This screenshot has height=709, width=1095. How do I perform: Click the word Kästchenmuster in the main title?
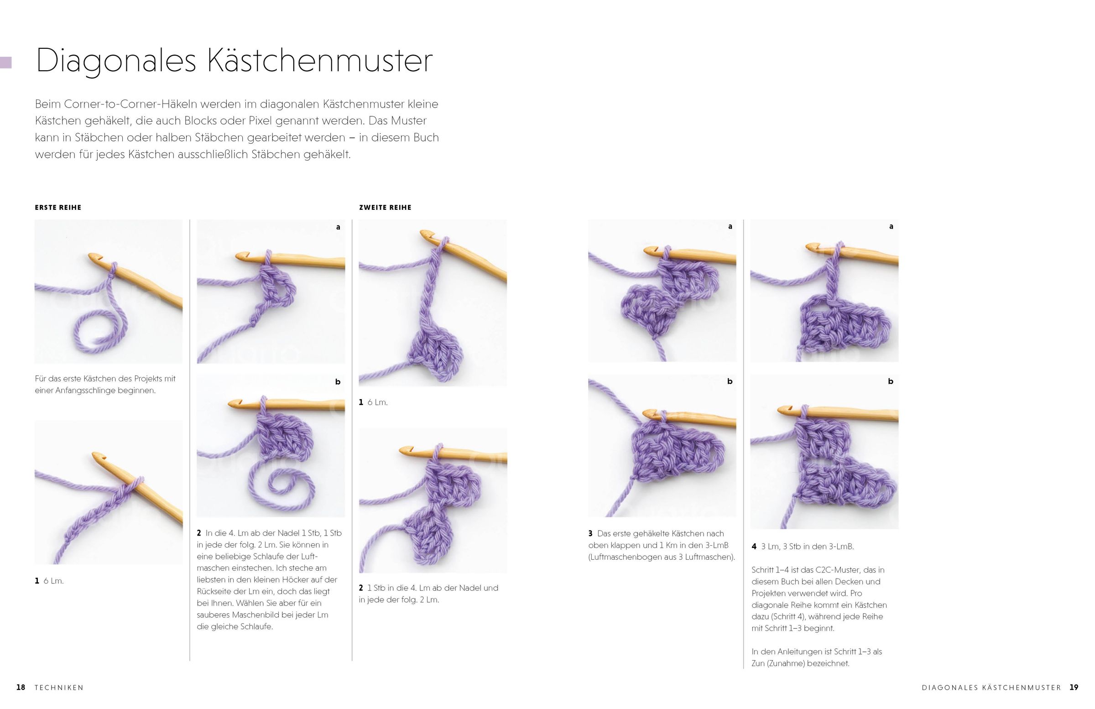tap(320, 60)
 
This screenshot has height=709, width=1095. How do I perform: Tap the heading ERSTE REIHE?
tap(58, 208)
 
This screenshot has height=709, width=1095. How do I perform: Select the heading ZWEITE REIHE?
tap(385, 208)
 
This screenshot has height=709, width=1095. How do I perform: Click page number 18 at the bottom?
tap(21, 688)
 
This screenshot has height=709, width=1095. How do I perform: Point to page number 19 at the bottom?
tap(1074, 688)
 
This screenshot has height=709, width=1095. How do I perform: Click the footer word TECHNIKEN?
tap(59, 688)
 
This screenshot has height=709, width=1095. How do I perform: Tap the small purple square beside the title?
tap(5, 63)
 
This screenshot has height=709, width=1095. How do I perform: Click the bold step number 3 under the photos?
tap(590, 534)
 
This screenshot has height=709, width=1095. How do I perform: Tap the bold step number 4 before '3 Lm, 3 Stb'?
tap(754, 547)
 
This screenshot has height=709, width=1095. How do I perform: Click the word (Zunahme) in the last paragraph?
tap(787, 663)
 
